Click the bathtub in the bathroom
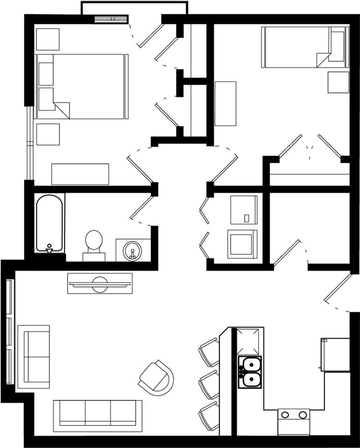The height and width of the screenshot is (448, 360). click(50, 223)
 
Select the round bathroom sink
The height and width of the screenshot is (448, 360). click(133, 251)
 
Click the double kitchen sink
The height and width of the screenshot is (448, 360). click(250, 372)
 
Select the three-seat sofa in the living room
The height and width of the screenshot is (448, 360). click(97, 415)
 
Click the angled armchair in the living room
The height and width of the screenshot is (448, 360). click(156, 378)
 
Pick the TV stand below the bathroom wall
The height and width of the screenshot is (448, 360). click(100, 283)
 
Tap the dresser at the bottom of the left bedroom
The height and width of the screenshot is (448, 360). click(80, 174)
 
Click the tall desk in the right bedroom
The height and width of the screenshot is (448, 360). click(225, 103)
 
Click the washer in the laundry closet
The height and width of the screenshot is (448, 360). click(244, 209)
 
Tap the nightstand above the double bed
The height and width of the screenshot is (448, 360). click(48, 40)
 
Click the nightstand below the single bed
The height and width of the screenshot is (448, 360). click(338, 83)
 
